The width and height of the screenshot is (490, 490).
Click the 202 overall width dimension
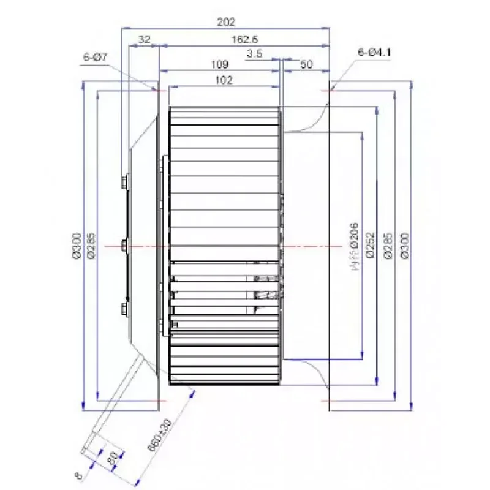pyautogui.click(x=226, y=22)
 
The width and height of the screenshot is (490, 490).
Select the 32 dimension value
pyautogui.click(x=145, y=39)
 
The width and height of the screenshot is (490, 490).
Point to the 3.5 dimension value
pyautogui.click(x=255, y=54)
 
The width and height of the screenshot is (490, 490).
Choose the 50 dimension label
pyautogui.click(x=304, y=64)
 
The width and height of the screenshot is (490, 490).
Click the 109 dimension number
pyautogui.click(x=219, y=64)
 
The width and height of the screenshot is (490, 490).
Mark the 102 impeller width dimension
pyautogui.click(x=224, y=80)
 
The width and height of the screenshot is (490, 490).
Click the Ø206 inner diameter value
pyautogui.click(x=353, y=236)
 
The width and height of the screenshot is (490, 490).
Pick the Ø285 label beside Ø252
pyautogui.click(x=387, y=245)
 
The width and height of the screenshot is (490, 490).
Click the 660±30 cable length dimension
pyautogui.click(x=158, y=435)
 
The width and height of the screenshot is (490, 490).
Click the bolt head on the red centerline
pyautogui.click(x=124, y=246)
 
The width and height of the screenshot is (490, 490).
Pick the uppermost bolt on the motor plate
pyautogui.click(x=124, y=181)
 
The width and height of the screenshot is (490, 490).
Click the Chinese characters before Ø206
pyautogui.click(x=353, y=268)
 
